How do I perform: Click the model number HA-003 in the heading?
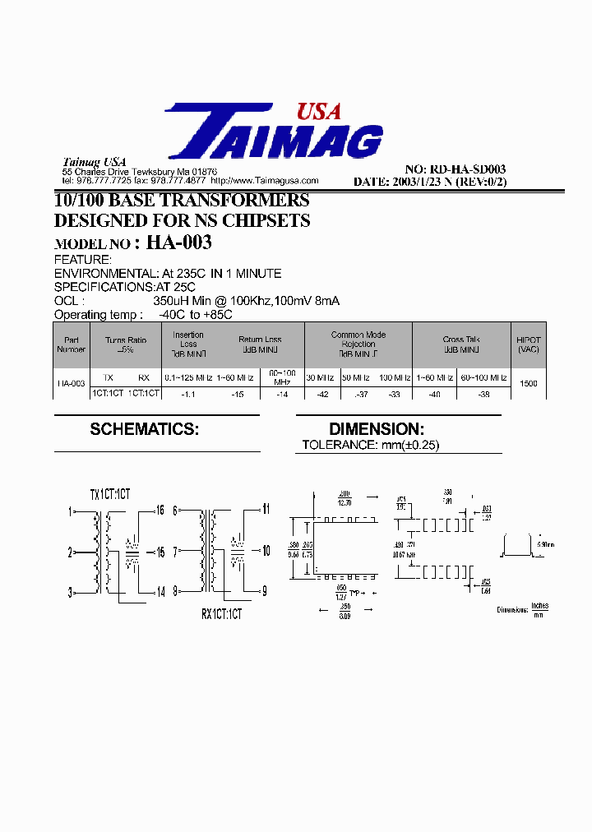coord(179,242)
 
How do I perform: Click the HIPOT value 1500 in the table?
coord(529,384)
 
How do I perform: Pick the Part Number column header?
coord(71,344)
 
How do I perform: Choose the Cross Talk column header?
coord(460,339)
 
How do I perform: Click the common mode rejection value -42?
coord(322,394)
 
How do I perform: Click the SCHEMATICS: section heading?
coord(144,429)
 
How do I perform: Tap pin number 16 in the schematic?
coord(160,511)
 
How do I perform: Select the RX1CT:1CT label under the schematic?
coord(221,613)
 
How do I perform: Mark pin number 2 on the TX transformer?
coord(71,552)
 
